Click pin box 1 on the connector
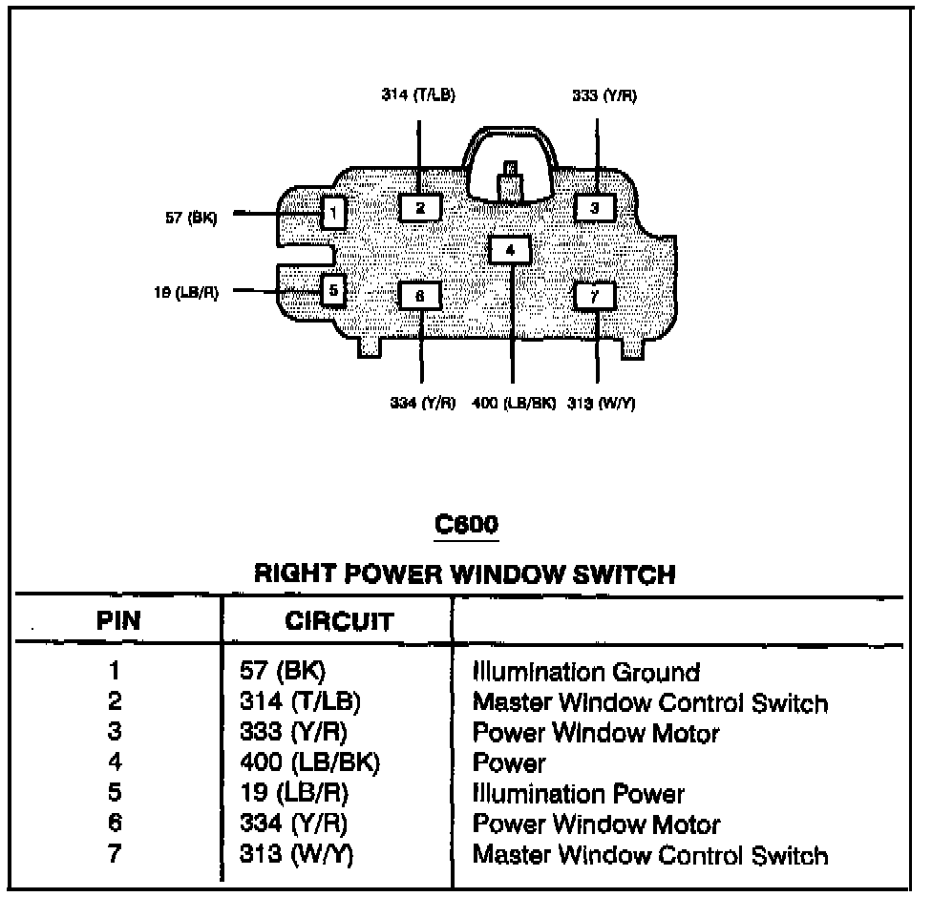pyautogui.click(x=332, y=212)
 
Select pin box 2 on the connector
pyautogui.click(x=419, y=207)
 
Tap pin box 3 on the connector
pyautogui.click(x=595, y=207)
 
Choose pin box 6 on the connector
pyautogui.click(x=419, y=296)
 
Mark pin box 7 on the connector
pyautogui.click(x=595, y=296)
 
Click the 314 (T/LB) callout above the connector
pyautogui.click(x=418, y=96)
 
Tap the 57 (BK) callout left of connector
pyautogui.click(x=190, y=218)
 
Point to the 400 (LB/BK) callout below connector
pyautogui.click(x=514, y=403)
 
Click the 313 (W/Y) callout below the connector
pyautogui.click(x=602, y=403)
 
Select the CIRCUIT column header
pyautogui.click(x=339, y=621)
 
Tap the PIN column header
pyautogui.click(x=118, y=621)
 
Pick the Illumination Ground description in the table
pyautogui.click(x=586, y=672)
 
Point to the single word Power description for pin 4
pyautogui.click(x=509, y=762)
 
